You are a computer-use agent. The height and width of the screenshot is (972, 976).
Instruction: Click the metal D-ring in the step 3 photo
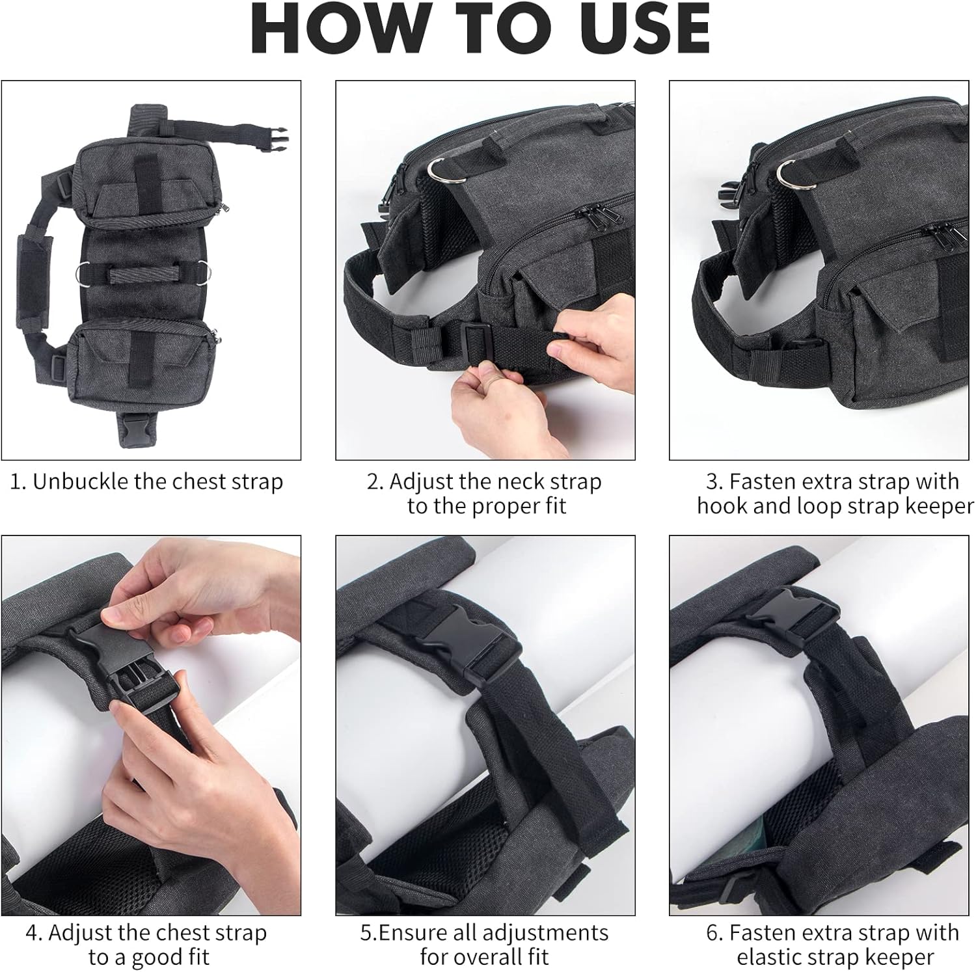click(795, 174)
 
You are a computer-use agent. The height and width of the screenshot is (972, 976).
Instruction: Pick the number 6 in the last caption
click(712, 934)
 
